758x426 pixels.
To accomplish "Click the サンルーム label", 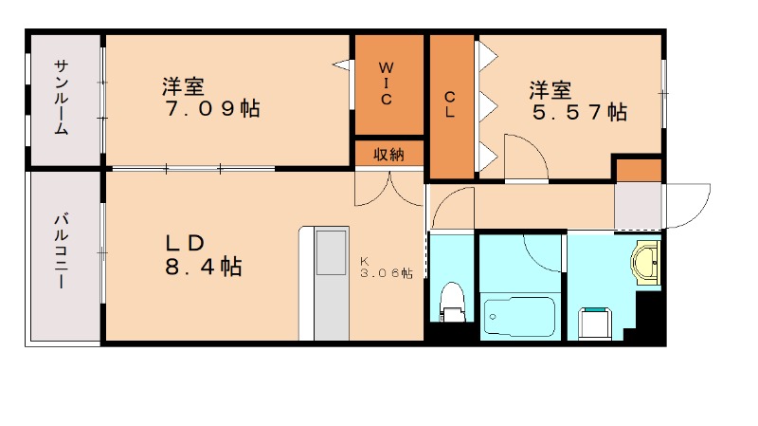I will [61, 97].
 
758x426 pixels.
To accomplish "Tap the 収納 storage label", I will [388, 154].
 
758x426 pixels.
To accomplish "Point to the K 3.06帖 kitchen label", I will [385, 269].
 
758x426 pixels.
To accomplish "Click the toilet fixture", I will [452, 303].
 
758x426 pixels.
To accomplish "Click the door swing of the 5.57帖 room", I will [524, 157].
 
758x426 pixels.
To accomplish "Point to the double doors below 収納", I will [389, 187].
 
